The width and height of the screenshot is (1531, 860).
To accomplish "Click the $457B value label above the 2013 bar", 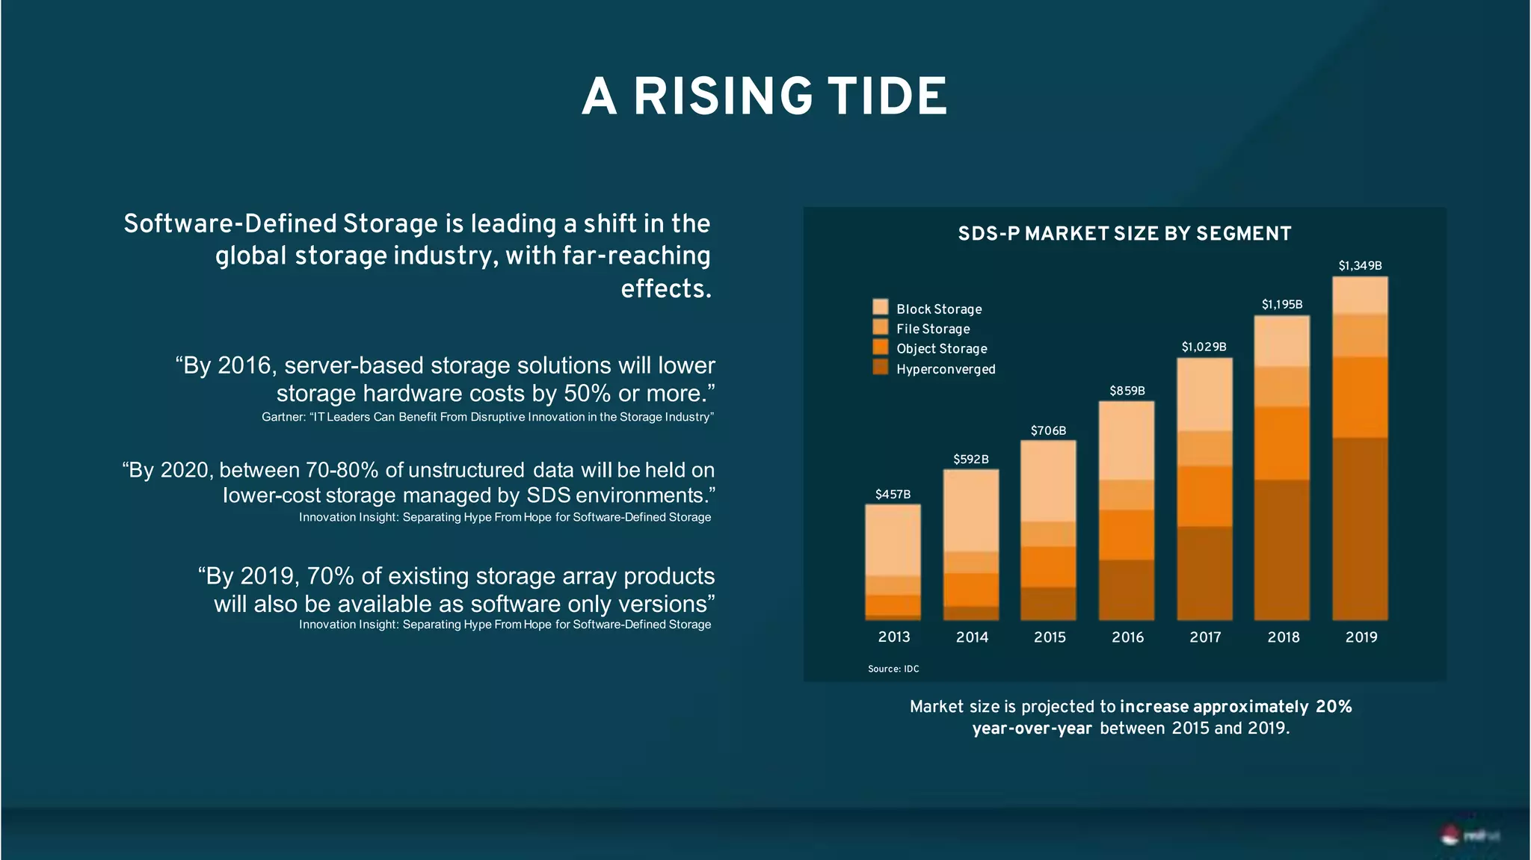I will (893, 495).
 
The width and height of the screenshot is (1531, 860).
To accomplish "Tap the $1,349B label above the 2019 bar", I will (1360, 266).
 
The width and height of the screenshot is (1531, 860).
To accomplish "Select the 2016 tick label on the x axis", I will (1127, 637).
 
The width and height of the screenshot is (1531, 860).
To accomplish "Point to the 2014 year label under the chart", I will (972, 637).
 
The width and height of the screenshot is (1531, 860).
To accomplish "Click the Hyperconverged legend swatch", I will (881, 367).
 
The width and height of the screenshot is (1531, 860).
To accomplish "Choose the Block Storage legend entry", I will (939, 309).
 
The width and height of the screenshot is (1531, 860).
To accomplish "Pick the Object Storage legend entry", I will (941, 349).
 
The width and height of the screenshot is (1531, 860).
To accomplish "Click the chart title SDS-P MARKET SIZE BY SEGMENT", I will (1124, 234).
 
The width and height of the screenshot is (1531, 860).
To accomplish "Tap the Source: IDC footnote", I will (893, 669).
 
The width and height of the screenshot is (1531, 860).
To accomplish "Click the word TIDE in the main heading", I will (887, 97).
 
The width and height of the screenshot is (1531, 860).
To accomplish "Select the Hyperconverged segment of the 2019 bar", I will (1360, 528).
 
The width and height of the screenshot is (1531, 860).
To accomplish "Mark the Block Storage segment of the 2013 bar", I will (893, 539).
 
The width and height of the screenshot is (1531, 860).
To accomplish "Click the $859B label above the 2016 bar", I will (1127, 391).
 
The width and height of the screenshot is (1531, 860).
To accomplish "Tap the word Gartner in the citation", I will (283, 417).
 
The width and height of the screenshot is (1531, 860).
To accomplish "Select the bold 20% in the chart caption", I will (1334, 707).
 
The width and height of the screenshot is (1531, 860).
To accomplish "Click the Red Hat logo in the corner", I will (1468, 835).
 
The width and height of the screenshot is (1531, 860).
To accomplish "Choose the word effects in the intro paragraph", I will (665, 288).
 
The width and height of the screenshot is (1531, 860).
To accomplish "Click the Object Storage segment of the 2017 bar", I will (1204, 496).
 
